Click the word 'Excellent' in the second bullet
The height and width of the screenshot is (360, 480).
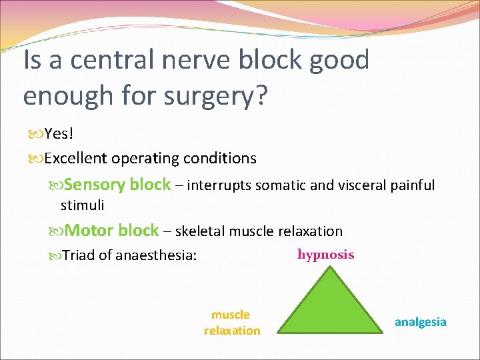tap(76, 159)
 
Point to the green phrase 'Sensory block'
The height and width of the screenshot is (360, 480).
tap(118, 185)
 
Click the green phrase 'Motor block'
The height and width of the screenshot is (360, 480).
tap(112, 231)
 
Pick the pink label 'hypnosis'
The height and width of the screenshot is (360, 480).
tap(325, 255)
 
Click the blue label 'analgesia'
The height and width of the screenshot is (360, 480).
tap(420, 322)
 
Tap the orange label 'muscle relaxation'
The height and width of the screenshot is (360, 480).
tap(231, 322)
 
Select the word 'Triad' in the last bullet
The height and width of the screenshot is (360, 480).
tap(78, 255)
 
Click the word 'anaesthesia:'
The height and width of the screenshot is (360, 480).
tap(156, 255)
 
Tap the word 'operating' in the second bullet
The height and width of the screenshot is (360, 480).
tap(139, 159)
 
